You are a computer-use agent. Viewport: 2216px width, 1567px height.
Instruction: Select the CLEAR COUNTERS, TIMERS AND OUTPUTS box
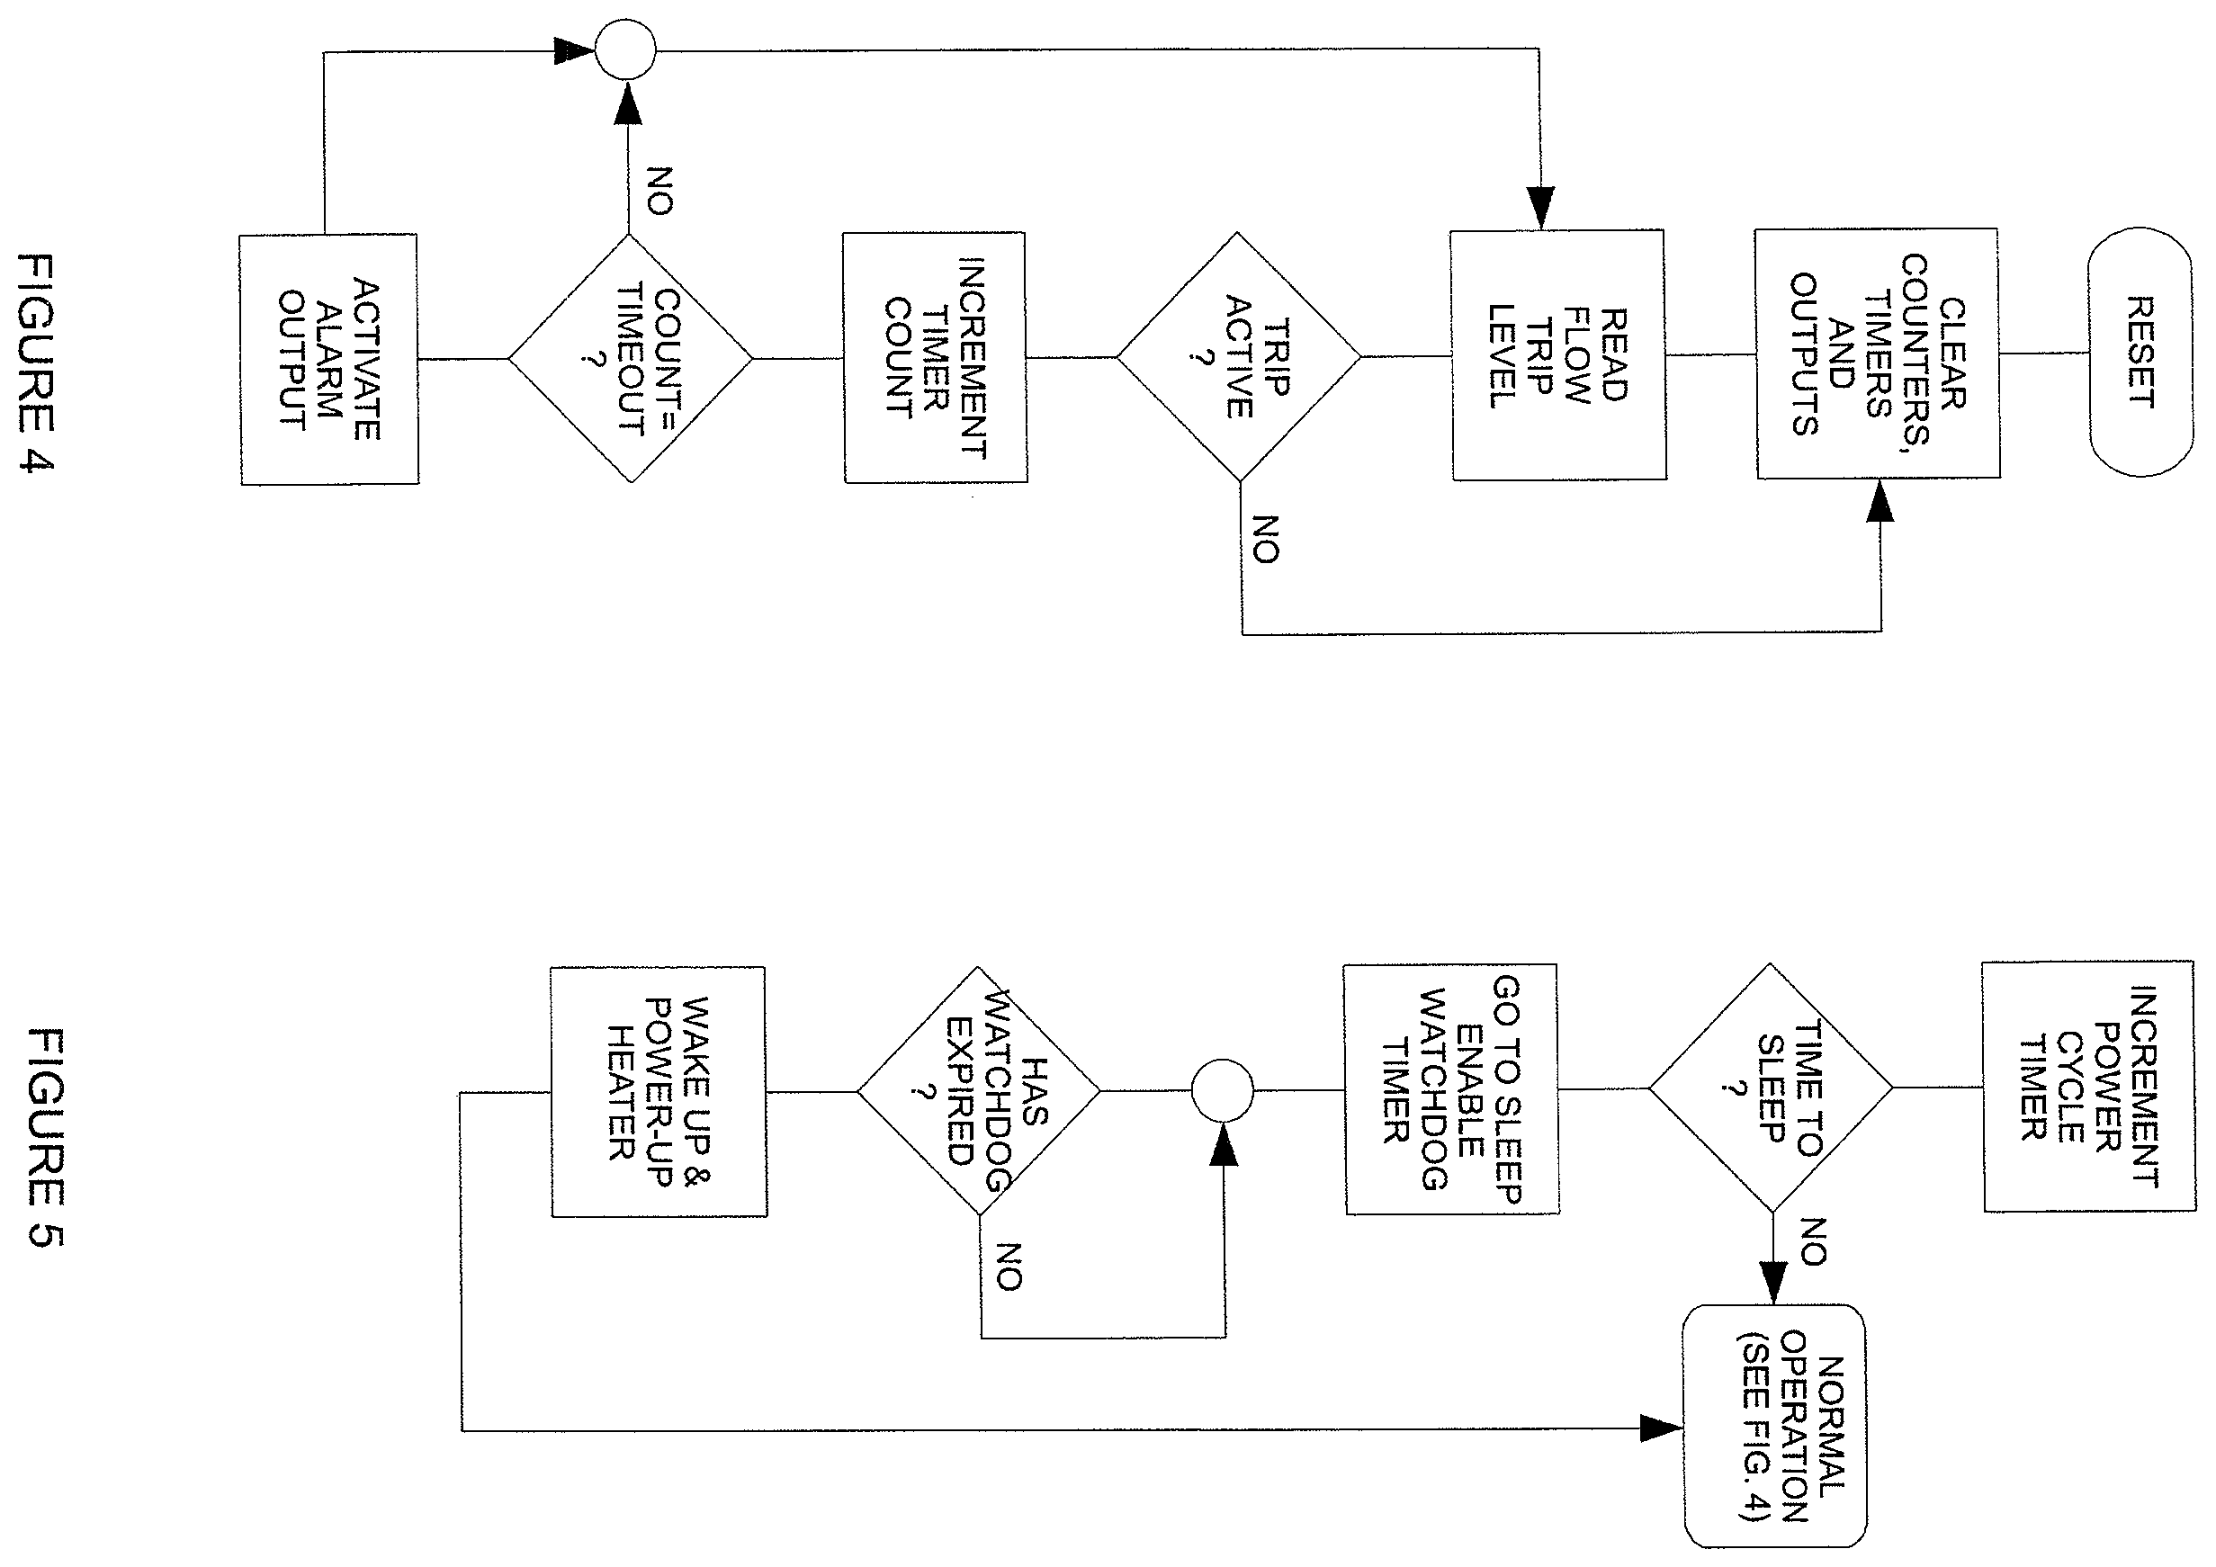1877,354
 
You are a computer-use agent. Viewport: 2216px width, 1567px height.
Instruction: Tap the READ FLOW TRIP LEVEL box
1558,355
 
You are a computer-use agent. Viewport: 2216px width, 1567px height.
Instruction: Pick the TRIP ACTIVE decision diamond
1239,357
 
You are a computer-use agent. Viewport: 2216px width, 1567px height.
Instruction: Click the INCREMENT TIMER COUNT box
935,357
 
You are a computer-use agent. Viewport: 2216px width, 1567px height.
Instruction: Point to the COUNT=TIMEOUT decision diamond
630,359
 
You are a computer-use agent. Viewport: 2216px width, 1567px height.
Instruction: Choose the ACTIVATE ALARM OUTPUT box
329,359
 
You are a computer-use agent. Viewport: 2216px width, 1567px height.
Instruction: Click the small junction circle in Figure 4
625,49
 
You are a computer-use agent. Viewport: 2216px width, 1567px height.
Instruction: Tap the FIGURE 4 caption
37,363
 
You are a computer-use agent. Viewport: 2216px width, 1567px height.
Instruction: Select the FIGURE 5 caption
44,1139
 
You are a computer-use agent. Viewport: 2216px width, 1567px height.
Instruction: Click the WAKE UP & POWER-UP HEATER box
659,1092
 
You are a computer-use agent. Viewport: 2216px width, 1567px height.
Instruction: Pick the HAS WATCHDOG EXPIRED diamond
979,1091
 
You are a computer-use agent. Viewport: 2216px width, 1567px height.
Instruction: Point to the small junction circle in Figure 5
1223,1090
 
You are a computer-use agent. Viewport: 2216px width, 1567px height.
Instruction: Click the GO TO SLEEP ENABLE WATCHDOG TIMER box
1451,1089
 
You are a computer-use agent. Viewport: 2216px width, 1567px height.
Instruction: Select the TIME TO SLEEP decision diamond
1771,1088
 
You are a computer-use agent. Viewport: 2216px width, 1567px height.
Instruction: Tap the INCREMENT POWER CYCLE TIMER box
2088,1087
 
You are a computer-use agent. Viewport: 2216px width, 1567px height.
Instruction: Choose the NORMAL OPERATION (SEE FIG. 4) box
1775,1426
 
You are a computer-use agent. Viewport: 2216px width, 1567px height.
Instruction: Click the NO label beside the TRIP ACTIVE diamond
1265,540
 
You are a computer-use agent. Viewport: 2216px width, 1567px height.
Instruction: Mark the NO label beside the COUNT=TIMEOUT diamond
659,190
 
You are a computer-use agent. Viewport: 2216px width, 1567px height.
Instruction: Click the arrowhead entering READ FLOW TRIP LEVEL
1541,209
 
